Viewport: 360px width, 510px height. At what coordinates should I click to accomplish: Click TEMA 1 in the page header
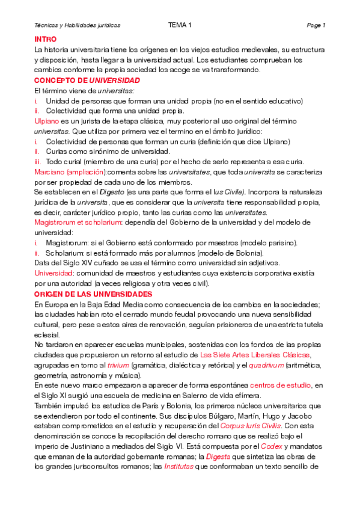point(180,25)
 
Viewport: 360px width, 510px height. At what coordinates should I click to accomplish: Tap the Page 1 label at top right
point(316,25)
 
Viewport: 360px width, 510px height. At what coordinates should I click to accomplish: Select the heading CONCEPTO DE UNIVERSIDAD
point(87,80)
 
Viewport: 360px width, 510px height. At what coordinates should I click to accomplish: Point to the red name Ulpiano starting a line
point(47,121)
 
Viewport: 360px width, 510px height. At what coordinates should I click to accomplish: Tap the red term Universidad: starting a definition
point(54,274)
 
